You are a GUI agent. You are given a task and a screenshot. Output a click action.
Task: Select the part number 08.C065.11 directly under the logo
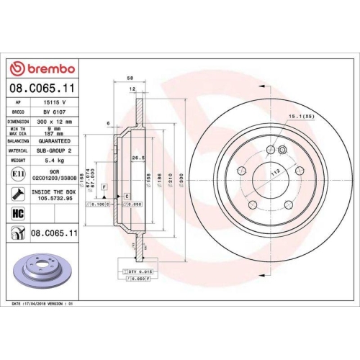point(41,87)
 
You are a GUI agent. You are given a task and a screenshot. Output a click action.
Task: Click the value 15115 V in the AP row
point(55,104)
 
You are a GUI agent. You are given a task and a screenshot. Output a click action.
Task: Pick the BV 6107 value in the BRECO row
point(55,113)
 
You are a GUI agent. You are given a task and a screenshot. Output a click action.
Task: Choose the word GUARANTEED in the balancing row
point(58,142)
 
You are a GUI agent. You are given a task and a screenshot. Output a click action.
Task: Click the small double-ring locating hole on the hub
point(282,150)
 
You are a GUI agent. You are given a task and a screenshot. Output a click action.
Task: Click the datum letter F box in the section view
point(105,187)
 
